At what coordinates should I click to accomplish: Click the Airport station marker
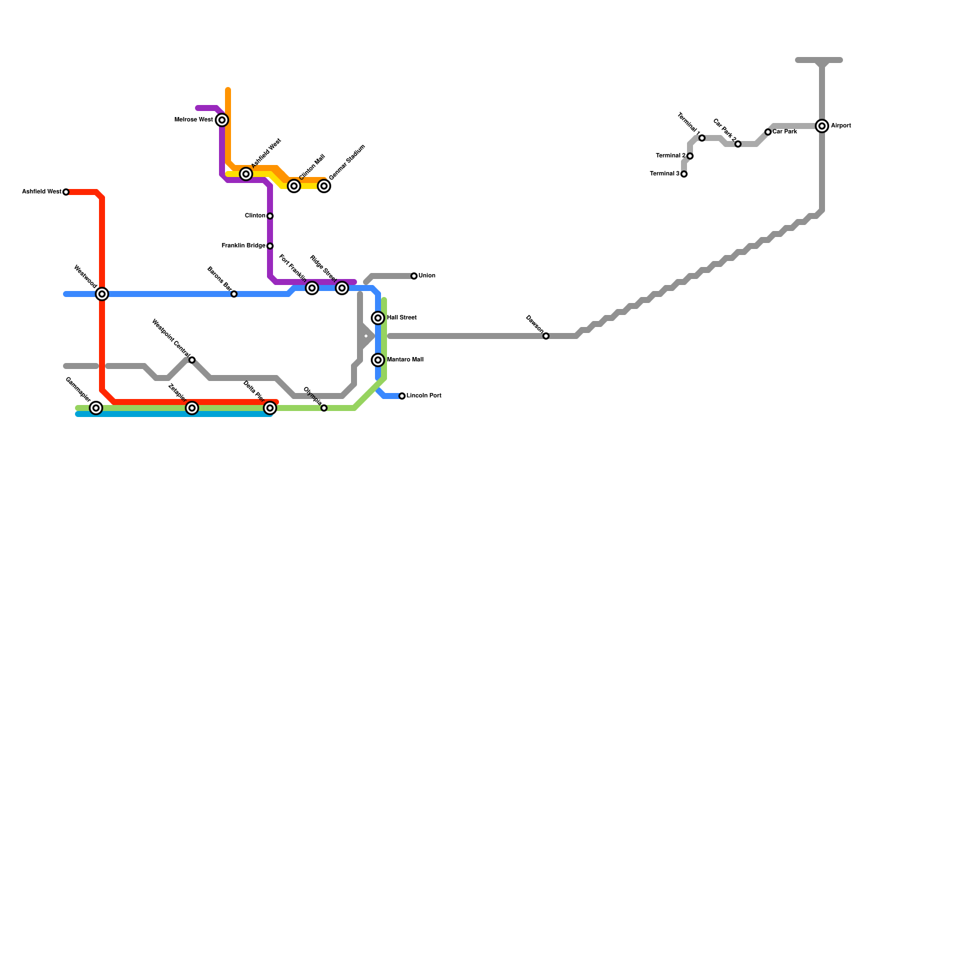822,126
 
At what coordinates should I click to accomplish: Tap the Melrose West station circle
222,120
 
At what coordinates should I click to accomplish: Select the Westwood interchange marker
102,294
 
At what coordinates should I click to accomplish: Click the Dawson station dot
546,336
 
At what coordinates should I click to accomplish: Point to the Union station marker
414,276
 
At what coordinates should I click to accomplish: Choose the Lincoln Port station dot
402,396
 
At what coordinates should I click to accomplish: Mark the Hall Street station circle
378,318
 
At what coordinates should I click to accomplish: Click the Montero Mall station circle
378,360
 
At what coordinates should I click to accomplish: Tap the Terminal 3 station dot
684,174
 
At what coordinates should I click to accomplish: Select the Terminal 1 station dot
702,138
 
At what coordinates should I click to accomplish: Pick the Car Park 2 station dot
738,144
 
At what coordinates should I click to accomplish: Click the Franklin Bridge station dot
270,246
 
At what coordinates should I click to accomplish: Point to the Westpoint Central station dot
192,360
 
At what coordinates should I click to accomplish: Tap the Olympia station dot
324,408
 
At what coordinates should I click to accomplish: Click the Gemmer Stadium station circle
324,186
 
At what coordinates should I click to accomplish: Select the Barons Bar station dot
234,294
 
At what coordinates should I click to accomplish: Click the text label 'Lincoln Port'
424,396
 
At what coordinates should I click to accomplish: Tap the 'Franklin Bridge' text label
244,246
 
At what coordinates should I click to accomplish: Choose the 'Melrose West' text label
193,120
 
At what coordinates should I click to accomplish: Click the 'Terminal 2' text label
671,156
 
